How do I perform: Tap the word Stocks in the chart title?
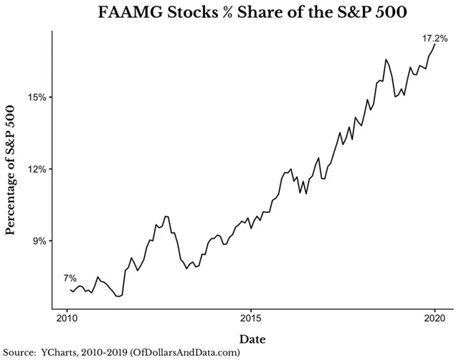point(189,13)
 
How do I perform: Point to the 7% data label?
point(69,278)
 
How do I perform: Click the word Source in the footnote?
point(19,352)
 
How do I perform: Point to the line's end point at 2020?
point(435,44)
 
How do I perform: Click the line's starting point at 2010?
point(70,289)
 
